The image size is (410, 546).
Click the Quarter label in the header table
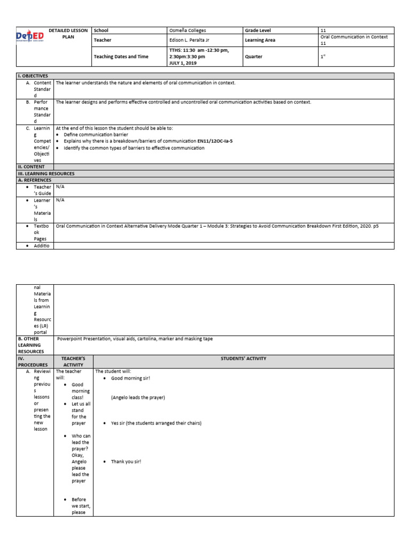click(x=254, y=56)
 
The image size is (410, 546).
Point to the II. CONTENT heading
click(x=31, y=167)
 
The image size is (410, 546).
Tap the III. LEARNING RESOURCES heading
click(x=46, y=174)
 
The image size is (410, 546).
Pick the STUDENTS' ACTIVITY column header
click(x=243, y=359)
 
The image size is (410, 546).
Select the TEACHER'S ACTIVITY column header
click(x=74, y=362)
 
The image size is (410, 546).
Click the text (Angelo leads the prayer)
click(x=138, y=398)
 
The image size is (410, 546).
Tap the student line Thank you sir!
click(x=126, y=462)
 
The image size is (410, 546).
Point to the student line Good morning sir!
click(x=130, y=378)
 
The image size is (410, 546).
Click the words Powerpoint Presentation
click(x=82, y=339)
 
